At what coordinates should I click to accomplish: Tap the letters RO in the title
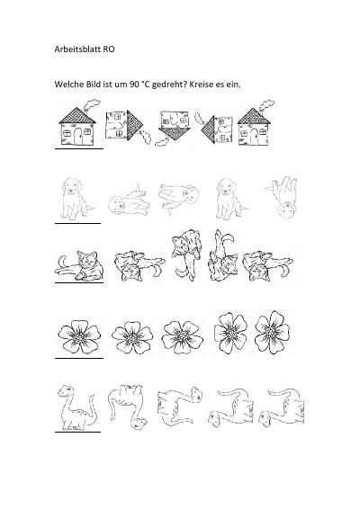109,49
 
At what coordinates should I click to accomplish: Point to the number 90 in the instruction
134,85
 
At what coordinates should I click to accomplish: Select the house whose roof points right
128,127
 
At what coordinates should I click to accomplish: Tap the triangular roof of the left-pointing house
208,130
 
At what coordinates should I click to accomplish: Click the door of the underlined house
78,137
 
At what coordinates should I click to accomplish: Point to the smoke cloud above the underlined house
92,105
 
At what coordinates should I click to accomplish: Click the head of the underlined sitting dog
72,187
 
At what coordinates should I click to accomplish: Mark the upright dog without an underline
231,199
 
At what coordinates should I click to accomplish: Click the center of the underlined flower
79,337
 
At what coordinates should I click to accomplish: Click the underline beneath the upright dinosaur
77,432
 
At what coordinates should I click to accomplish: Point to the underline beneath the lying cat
79,282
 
